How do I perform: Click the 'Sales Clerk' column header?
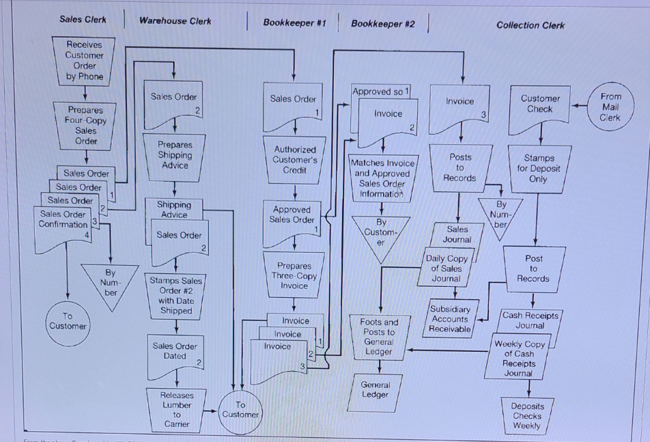(x=83, y=19)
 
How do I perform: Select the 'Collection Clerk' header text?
(x=531, y=25)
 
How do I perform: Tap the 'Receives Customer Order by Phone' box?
(x=85, y=61)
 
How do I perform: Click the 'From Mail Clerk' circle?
(x=610, y=107)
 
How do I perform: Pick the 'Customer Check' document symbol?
(x=539, y=106)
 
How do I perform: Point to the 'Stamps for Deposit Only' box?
(x=538, y=168)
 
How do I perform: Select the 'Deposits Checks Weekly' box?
(x=527, y=415)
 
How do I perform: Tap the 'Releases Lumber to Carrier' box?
(x=177, y=409)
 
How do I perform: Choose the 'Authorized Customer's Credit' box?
(x=294, y=159)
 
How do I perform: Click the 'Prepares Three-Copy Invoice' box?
(x=294, y=275)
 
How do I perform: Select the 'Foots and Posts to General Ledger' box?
(x=379, y=337)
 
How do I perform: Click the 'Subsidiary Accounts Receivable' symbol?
(x=450, y=319)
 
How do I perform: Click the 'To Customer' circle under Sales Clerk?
(x=68, y=321)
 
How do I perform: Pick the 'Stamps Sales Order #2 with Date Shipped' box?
(x=175, y=295)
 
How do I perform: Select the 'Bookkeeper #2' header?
(x=382, y=24)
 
